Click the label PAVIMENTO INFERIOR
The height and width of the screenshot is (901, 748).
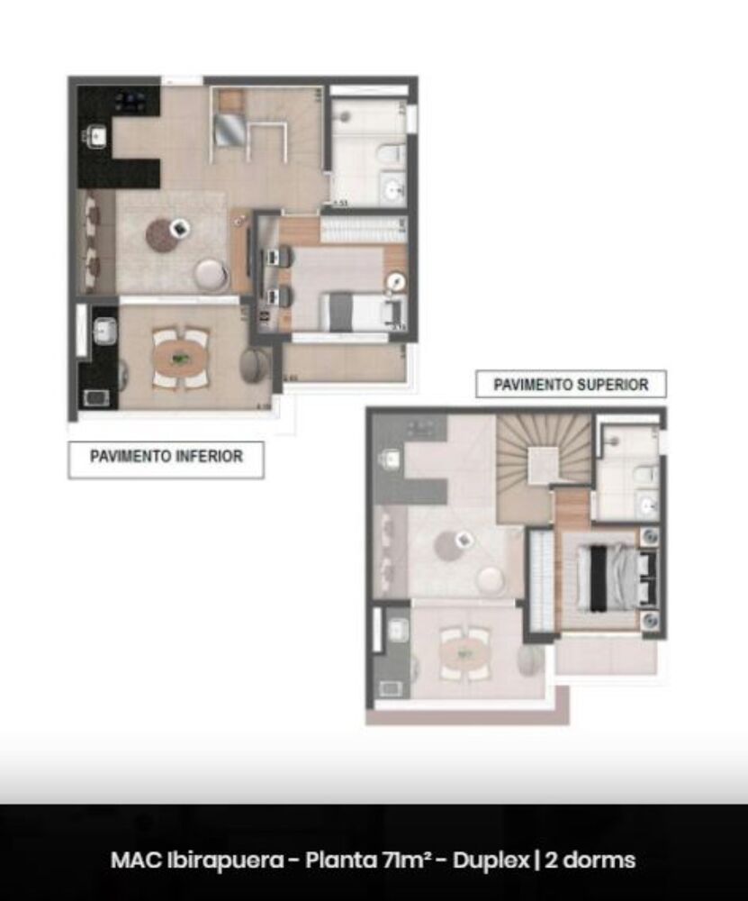(x=167, y=457)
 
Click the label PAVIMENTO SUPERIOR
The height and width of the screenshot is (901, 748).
(x=571, y=385)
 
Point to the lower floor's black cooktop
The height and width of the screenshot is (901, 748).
(x=131, y=101)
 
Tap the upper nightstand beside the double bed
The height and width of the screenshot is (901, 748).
(x=650, y=537)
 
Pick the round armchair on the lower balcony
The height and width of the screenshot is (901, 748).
(x=255, y=364)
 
